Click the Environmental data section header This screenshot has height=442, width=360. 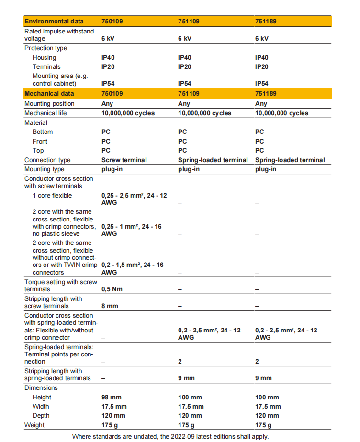click(54, 22)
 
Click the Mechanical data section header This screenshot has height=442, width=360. click(49, 94)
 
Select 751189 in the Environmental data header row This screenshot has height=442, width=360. click(266, 22)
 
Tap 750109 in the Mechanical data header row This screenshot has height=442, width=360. click(112, 94)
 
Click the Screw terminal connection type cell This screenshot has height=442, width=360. click(124, 160)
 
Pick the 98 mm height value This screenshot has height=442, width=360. click(112, 398)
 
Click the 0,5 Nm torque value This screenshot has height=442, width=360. click(112, 289)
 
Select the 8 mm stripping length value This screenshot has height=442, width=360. click(110, 306)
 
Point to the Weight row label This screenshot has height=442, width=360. click(34, 425)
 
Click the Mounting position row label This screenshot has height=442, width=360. click(49, 104)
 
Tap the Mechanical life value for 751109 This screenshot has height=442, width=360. click(204, 113)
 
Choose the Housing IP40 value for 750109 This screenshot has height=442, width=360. click(108, 57)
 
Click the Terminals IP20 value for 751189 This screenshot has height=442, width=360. click(262, 67)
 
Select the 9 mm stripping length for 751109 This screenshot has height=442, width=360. click(186, 378)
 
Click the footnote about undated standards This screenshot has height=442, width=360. click(170, 436)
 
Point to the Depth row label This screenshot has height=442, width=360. click(41, 416)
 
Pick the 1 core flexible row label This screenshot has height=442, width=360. click(52, 196)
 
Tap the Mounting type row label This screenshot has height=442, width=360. click(45, 169)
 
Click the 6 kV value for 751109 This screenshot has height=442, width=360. click(185, 39)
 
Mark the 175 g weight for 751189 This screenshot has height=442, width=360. click(263, 425)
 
